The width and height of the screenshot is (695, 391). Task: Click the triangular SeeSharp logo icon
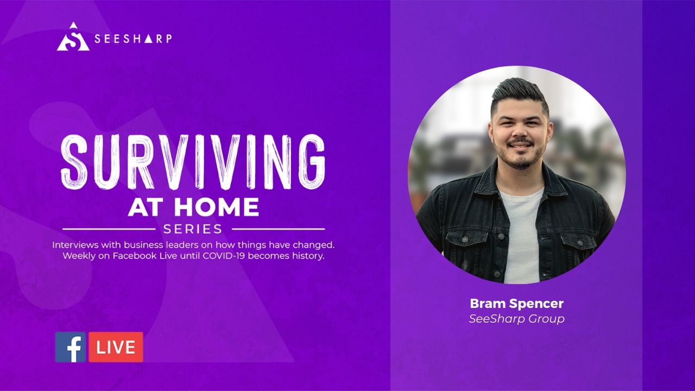(73, 37)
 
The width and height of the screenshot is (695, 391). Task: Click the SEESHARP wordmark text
(133, 39)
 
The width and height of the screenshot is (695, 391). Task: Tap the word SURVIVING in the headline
(193, 162)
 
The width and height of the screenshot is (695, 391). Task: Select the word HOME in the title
(217, 207)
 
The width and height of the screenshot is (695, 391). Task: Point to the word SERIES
(193, 229)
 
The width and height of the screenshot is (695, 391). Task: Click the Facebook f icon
(71, 347)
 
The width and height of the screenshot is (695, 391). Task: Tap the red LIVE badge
(116, 347)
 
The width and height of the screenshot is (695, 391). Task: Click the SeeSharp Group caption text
(516, 319)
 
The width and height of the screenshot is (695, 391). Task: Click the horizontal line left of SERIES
(109, 229)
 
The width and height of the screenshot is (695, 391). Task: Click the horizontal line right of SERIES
(279, 229)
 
